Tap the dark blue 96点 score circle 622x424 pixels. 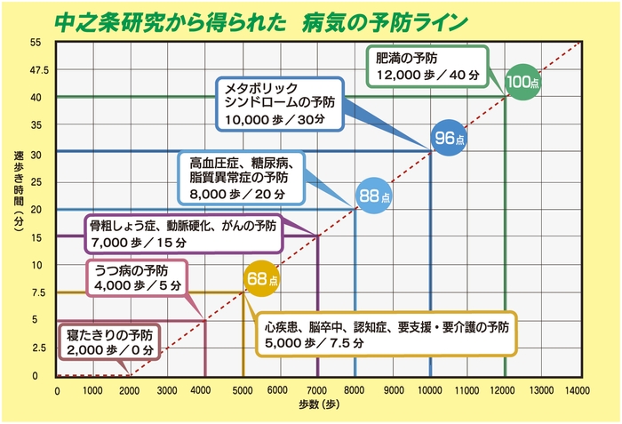pos(448,138)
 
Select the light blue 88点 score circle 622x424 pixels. pos(373,195)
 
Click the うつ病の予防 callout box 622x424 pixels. pos(134,277)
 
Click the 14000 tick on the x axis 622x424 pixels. pos(578,389)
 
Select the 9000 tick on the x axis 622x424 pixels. pos(393,389)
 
